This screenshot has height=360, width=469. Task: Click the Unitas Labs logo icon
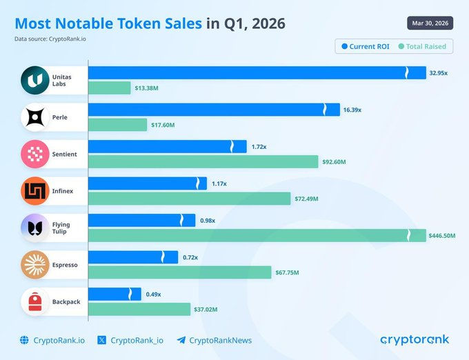(x=34, y=81)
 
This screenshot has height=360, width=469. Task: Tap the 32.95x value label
(x=438, y=73)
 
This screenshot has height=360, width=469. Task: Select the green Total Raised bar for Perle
(x=118, y=125)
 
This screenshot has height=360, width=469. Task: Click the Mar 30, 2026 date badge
(x=430, y=23)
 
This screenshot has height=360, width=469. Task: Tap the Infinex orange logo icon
(x=34, y=191)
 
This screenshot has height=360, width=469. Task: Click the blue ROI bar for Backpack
(x=114, y=294)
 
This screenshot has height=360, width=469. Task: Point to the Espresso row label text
(x=66, y=265)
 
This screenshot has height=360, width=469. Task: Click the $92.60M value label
(x=334, y=162)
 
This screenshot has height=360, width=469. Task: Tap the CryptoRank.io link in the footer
(x=54, y=340)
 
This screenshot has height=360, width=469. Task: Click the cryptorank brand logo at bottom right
(x=414, y=340)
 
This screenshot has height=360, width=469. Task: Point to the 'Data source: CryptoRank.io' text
(x=51, y=39)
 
